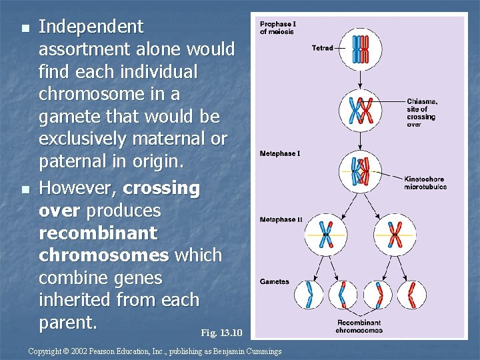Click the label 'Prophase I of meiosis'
point(278,28)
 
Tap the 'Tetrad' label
point(322,48)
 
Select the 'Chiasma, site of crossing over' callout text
point(422,113)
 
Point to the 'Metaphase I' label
point(280,154)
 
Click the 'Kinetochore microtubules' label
point(425,183)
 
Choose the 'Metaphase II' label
point(281,219)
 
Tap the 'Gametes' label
point(275,281)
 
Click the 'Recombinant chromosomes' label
point(359,327)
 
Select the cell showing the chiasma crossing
point(361,111)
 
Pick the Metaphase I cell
point(361,171)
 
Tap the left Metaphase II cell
point(326,235)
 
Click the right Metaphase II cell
point(395,235)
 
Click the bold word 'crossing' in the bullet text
point(161,189)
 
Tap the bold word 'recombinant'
point(98,233)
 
